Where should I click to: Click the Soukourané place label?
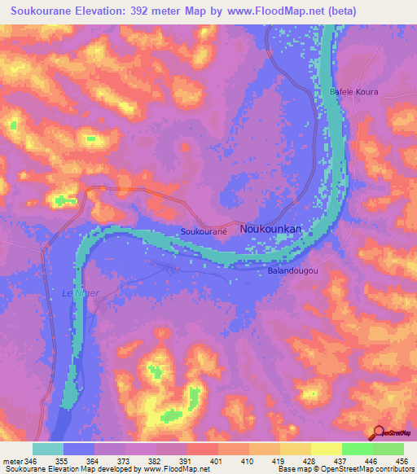[x=203, y=232]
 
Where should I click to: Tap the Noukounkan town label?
[x=270, y=230]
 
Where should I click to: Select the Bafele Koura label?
[x=353, y=92]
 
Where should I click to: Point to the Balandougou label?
[x=292, y=270]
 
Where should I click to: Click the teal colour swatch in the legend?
[x=48, y=449]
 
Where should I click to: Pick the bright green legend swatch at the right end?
[x=388, y=449]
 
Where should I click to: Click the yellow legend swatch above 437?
[x=327, y=449]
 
